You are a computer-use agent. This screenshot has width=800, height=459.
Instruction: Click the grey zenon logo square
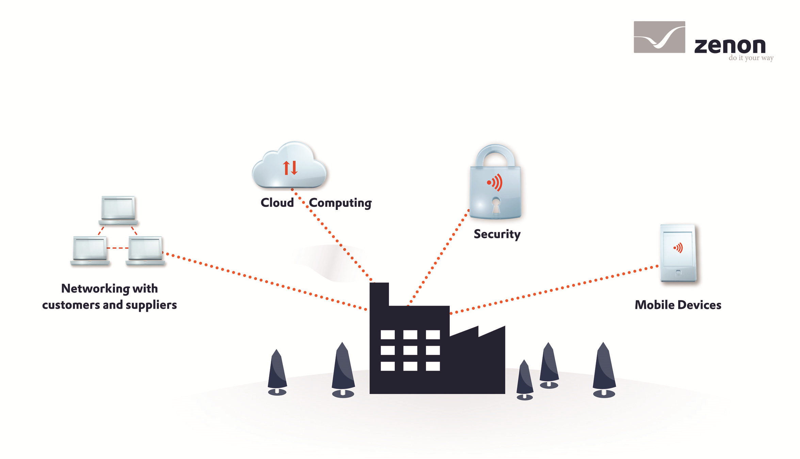659,37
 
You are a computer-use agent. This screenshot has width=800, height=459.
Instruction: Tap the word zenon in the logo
730,46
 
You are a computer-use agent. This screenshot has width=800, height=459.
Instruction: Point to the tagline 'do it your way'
751,58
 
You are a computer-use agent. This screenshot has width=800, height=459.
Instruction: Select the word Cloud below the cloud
277,202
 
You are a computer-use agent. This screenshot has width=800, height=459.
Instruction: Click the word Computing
340,203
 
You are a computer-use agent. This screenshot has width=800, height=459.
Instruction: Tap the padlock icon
495,182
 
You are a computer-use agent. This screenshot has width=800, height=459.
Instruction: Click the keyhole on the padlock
496,205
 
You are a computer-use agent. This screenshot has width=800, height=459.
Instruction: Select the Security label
497,234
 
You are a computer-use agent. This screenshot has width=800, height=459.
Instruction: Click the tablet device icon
678,253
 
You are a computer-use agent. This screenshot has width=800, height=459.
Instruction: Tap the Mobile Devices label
678,305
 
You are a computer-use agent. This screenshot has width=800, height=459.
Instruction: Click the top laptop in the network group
118,210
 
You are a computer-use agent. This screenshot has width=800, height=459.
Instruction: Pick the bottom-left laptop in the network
90,250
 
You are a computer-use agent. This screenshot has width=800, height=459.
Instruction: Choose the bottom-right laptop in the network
146,250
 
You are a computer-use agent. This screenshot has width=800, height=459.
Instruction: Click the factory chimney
379,294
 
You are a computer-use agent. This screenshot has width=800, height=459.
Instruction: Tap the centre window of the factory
410,350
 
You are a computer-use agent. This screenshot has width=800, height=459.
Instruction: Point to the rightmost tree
604,369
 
